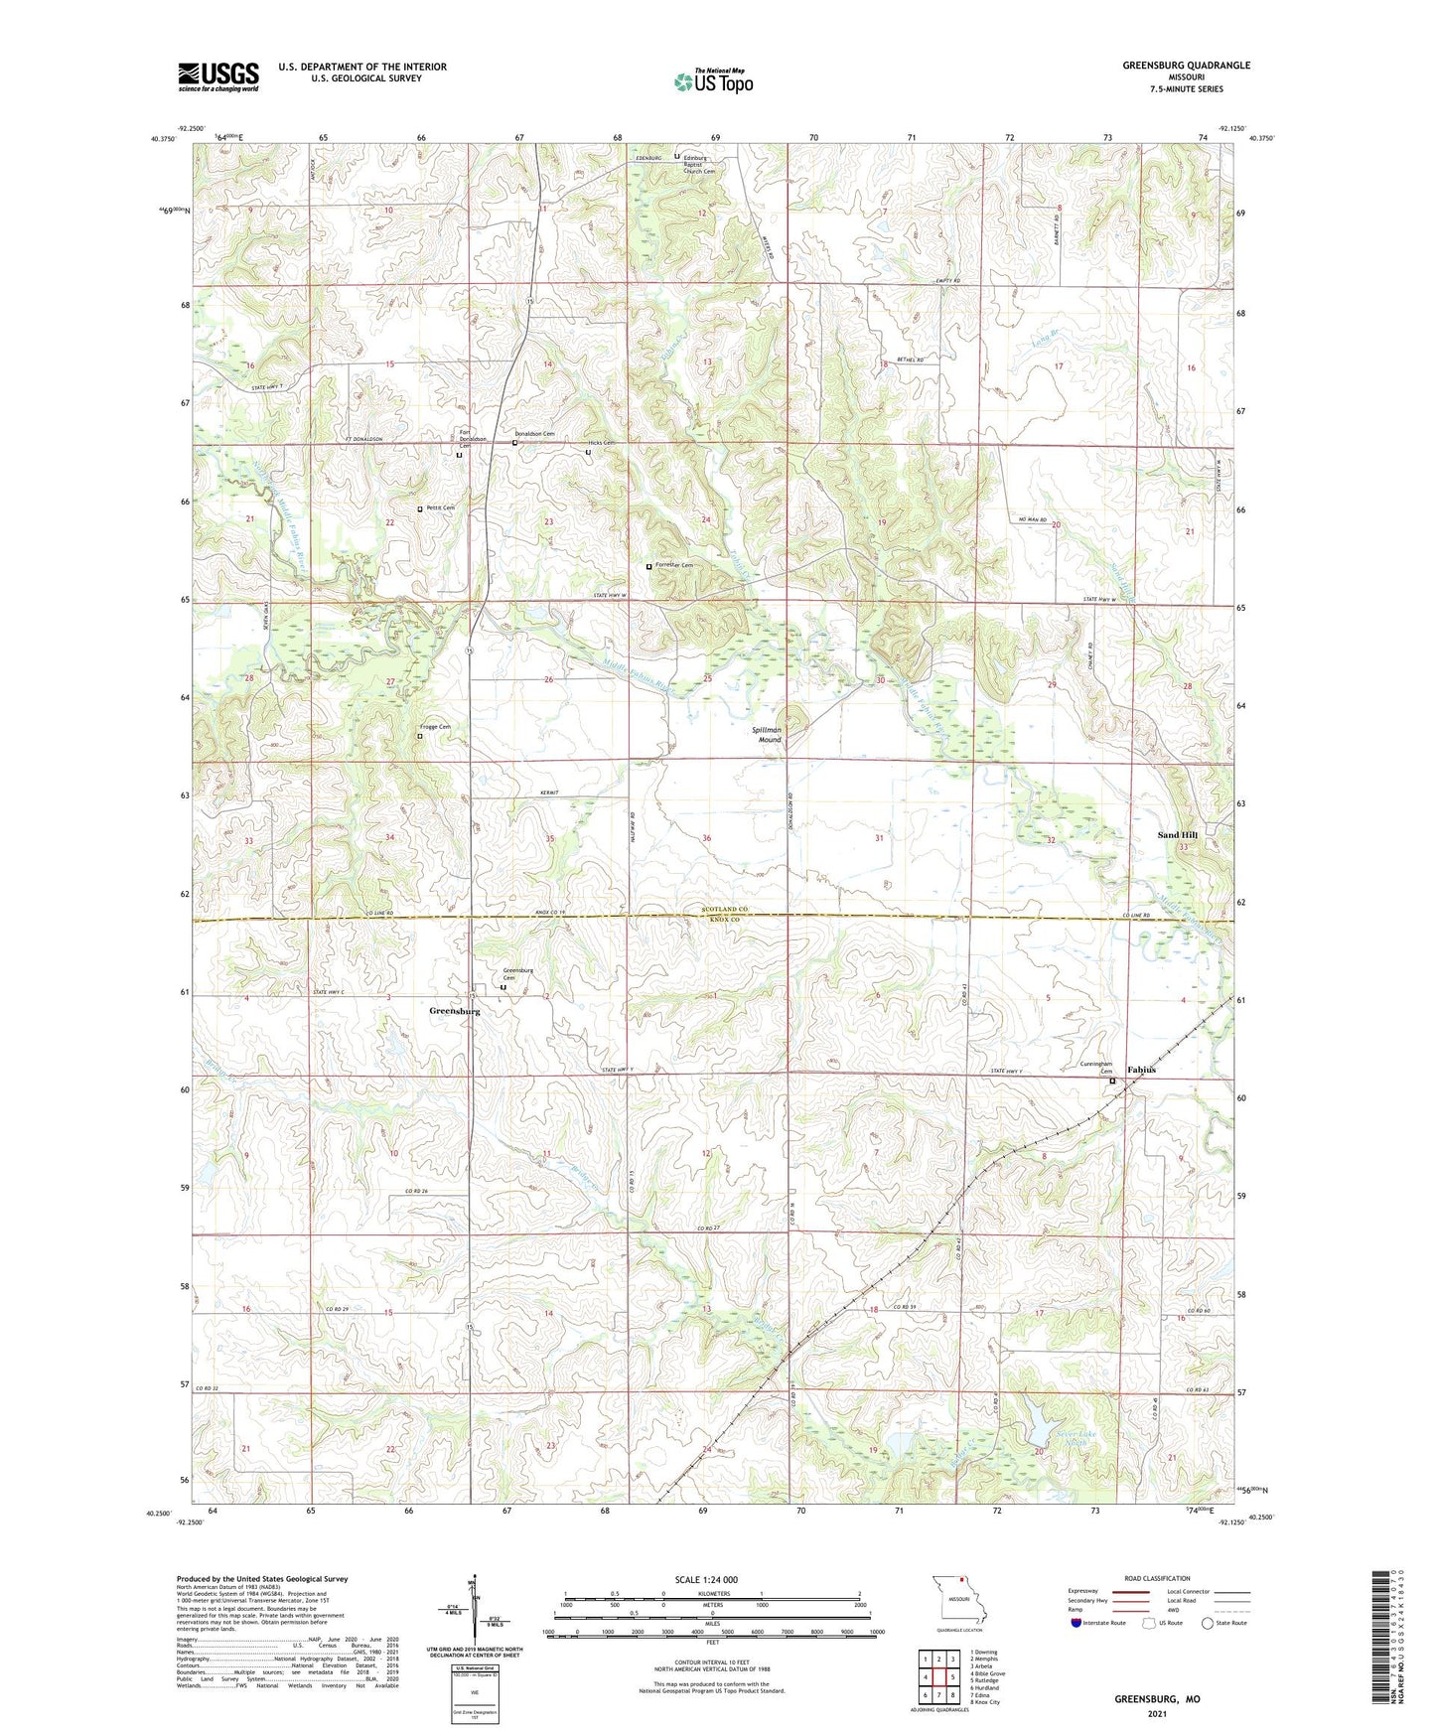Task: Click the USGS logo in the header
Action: pos(218,76)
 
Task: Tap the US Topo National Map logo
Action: pos(713,81)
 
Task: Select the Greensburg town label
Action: pos(454,1011)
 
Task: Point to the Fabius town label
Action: pos(1141,1070)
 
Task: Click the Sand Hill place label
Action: pos(1177,835)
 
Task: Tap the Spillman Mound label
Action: pos(770,735)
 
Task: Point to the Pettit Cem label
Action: pos(440,507)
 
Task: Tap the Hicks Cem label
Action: pos(602,443)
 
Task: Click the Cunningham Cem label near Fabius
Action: pos(1097,1069)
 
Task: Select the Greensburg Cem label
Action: pos(517,974)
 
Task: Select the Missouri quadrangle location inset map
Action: pos(958,1602)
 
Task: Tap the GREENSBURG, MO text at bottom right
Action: pos(1157,1699)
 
